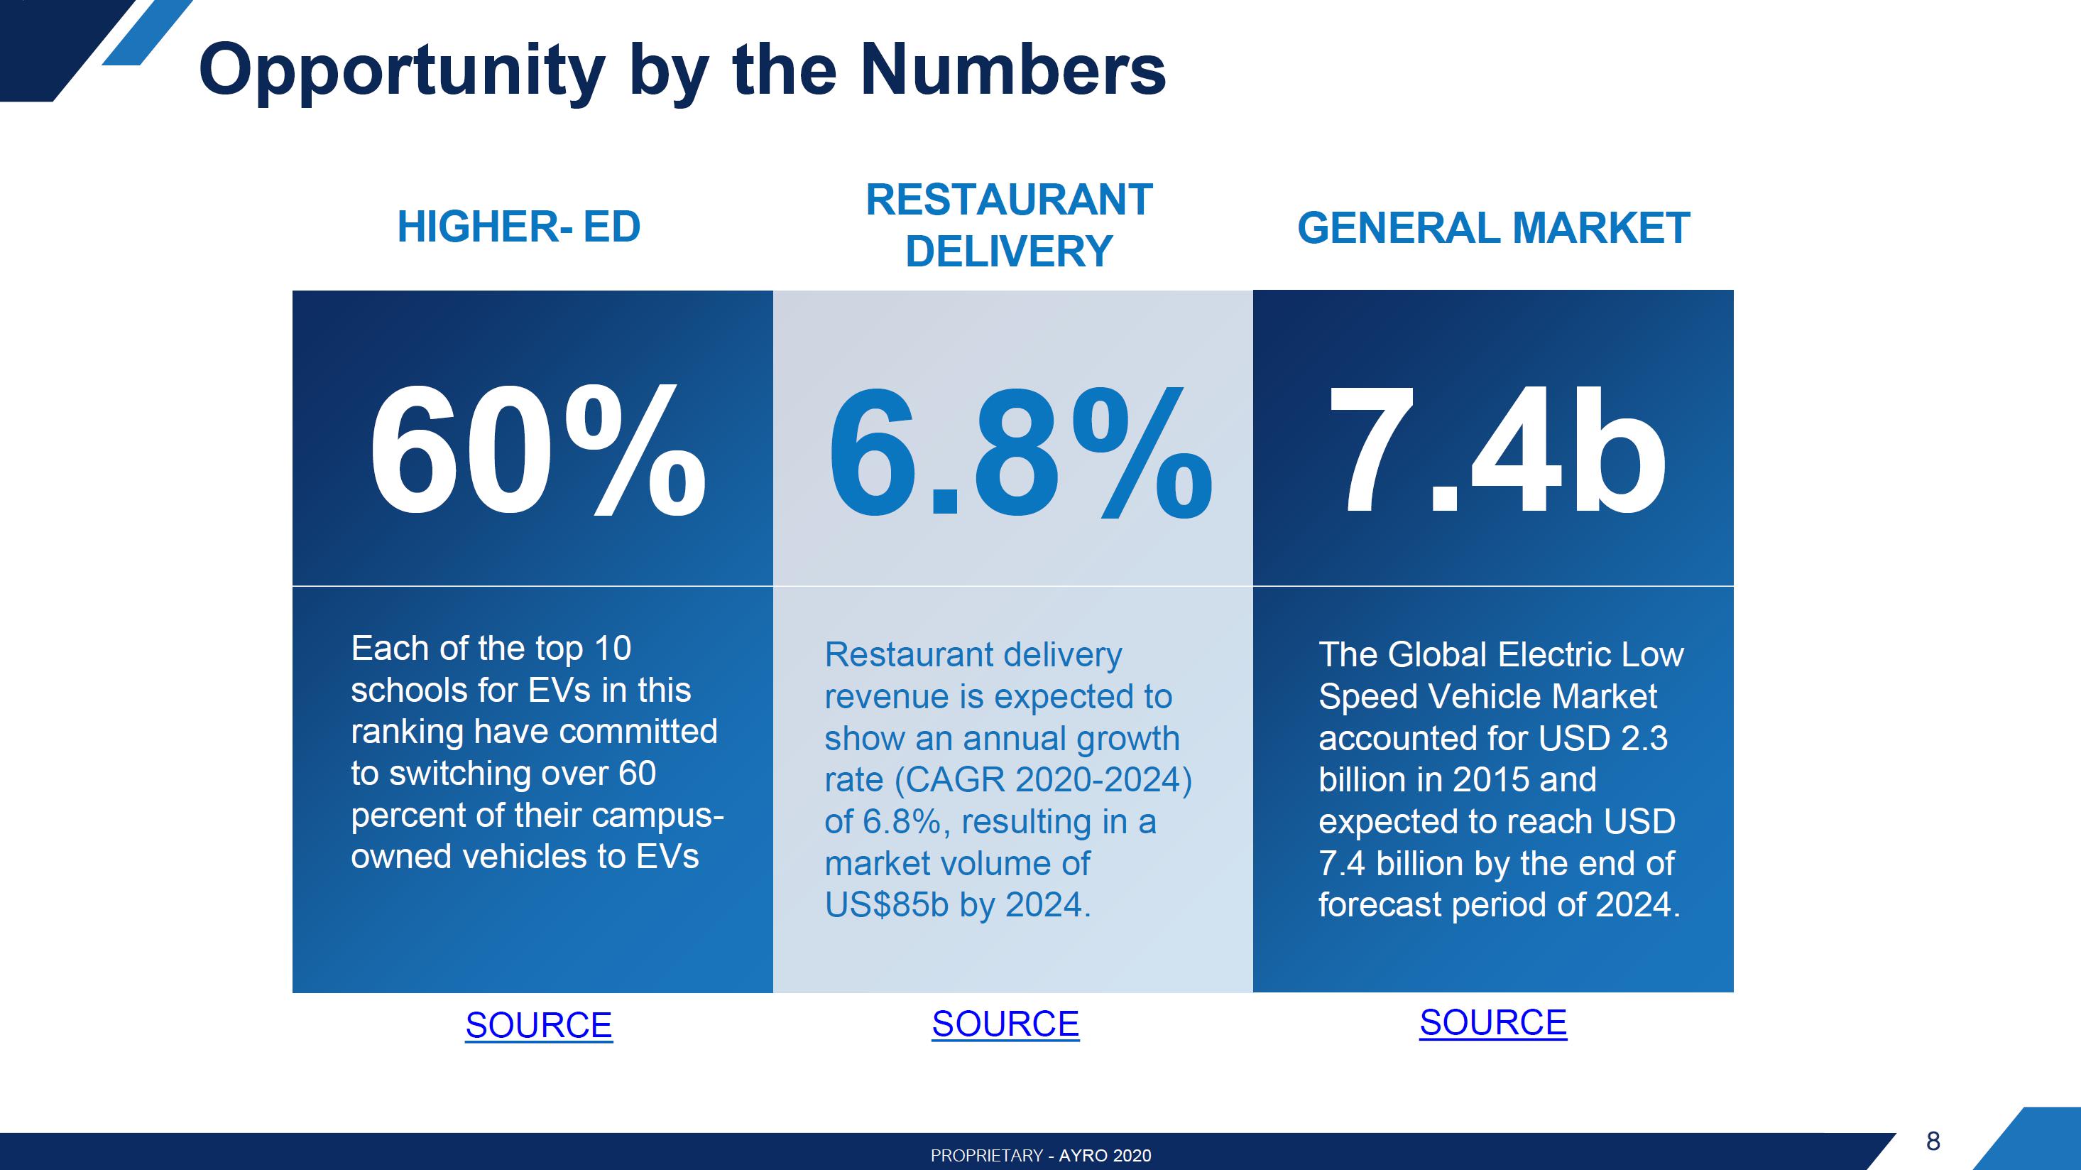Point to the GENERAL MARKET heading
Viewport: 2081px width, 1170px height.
(x=1493, y=228)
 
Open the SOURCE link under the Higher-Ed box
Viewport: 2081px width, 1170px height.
(x=539, y=1025)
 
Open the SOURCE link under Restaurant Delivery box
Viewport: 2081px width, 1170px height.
(x=1005, y=1024)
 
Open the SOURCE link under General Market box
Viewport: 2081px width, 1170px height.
(x=1493, y=1022)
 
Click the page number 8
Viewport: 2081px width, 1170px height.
(x=1933, y=1141)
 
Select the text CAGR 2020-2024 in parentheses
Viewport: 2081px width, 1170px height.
(x=1042, y=780)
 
